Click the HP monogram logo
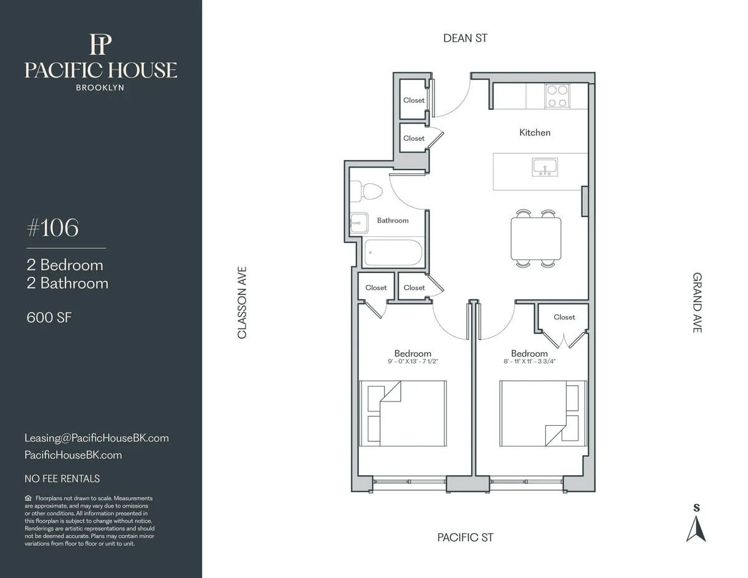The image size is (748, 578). (x=100, y=45)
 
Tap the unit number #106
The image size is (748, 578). (x=53, y=229)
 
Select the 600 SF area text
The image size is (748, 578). (x=49, y=317)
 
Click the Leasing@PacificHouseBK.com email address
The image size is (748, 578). (x=97, y=438)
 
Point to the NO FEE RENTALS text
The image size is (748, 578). (x=62, y=479)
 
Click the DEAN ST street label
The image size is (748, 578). (x=465, y=38)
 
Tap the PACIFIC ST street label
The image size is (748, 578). (x=465, y=537)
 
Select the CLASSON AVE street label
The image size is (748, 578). (x=242, y=303)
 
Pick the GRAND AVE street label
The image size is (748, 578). (x=698, y=302)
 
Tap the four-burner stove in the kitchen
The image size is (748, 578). (x=557, y=96)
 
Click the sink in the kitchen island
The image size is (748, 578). (x=544, y=167)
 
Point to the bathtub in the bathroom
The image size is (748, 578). (x=393, y=253)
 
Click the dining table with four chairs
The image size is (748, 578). (x=535, y=238)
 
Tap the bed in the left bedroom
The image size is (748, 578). (x=403, y=413)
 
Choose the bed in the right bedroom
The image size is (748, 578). (x=542, y=413)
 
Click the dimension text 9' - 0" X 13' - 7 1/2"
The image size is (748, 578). (x=413, y=362)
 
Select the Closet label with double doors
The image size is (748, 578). (x=564, y=317)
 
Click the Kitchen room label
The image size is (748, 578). (x=535, y=132)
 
